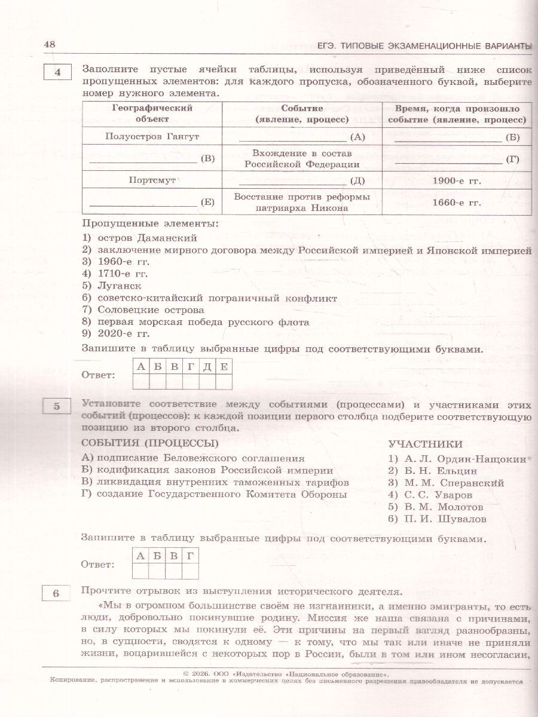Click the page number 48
pyautogui.click(x=50, y=45)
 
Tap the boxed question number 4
pyautogui.click(x=57, y=73)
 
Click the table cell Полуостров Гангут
pyautogui.click(x=152, y=136)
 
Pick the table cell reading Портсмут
pyautogui.click(x=152, y=180)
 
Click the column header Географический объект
pyautogui.click(x=152, y=114)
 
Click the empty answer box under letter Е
pyautogui.click(x=224, y=381)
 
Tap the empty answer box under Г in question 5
pyautogui.click(x=190, y=571)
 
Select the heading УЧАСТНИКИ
pyautogui.click(x=425, y=444)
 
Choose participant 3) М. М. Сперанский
pyautogui.click(x=446, y=483)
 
